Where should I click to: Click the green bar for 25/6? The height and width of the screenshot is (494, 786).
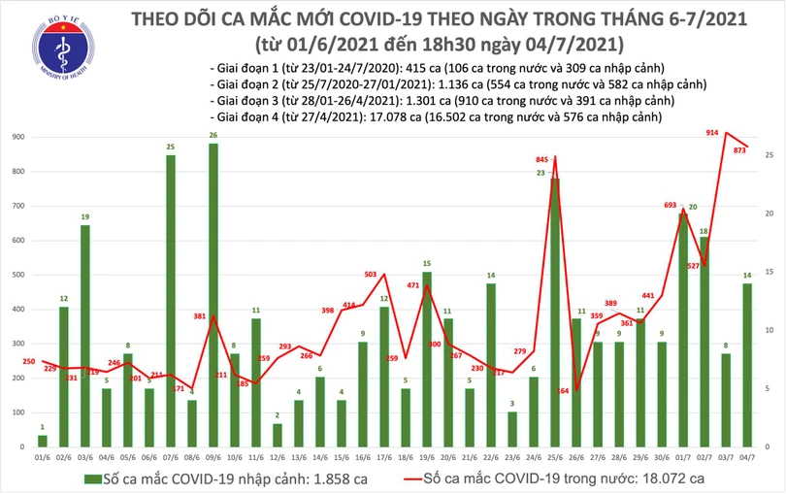[x=555, y=311]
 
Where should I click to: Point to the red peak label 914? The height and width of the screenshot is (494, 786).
[x=713, y=133]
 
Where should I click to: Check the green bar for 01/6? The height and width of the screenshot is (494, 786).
[x=43, y=440]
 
